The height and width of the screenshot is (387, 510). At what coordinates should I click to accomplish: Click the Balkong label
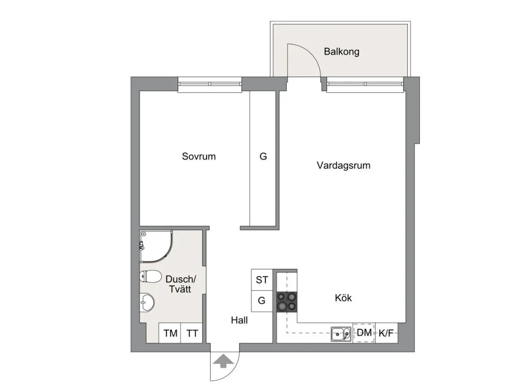tap(341, 52)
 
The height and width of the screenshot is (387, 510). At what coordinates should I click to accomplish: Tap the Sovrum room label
tap(199, 156)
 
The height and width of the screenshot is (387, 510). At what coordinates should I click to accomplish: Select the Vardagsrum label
tap(343, 165)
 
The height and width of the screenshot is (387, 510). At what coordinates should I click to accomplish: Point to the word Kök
tap(343, 298)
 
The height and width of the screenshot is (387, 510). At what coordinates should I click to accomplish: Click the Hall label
tap(239, 320)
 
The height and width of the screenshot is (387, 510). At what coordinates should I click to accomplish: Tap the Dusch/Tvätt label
tap(180, 284)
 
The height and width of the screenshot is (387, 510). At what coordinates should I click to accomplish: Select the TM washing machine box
tap(170, 333)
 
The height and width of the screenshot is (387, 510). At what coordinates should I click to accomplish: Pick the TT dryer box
tap(192, 333)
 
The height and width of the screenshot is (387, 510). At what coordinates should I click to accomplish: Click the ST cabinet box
tap(262, 280)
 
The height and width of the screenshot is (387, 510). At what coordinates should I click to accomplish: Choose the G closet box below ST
tap(262, 301)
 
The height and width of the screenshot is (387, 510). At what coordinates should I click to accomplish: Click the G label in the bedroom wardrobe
tap(263, 157)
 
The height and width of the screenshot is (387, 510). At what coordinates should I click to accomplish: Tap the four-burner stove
tap(286, 301)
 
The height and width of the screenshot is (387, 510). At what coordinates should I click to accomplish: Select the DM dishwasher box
tap(364, 333)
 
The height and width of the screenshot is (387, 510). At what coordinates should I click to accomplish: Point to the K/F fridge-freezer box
tap(386, 333)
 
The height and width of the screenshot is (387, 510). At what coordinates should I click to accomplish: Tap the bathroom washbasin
tap(147, 301)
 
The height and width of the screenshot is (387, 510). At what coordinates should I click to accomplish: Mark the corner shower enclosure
tap(154, 246)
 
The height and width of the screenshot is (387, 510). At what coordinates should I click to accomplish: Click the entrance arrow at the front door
tap(223, 361)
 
